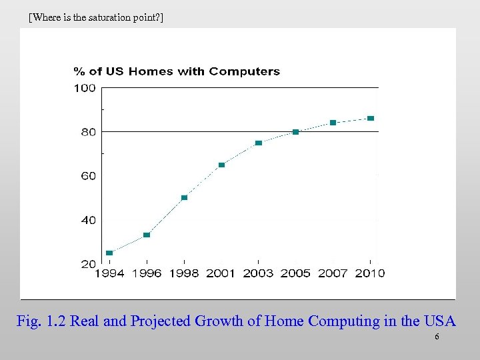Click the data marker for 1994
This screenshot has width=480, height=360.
[x=109, y=253]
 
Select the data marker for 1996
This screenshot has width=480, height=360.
[x=147, y=235]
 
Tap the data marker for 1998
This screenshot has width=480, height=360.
[x=184, y=197]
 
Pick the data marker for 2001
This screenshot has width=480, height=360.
[x=221, y=165]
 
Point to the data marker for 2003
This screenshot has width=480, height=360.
[x=259, y=143]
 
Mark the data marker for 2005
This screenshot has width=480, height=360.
[x=296, y=132]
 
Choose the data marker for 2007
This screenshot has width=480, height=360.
[x=333, y=123]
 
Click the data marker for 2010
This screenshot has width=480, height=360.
[x=371, y=118]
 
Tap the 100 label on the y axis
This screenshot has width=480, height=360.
[x=85, y=89]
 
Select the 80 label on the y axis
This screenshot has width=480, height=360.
[x=88, y=132]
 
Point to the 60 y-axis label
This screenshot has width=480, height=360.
[x=88, y=176]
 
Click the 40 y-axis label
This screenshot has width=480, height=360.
[x=88, y=220]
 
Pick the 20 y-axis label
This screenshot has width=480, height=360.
[x=88, y=264]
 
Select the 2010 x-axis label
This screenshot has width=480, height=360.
[x=370, y=273]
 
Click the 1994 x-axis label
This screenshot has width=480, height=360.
[x=109, y=273]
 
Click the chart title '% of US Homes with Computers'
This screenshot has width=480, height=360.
[x=176, y=71]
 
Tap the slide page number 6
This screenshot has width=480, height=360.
[x=437, y=337]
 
